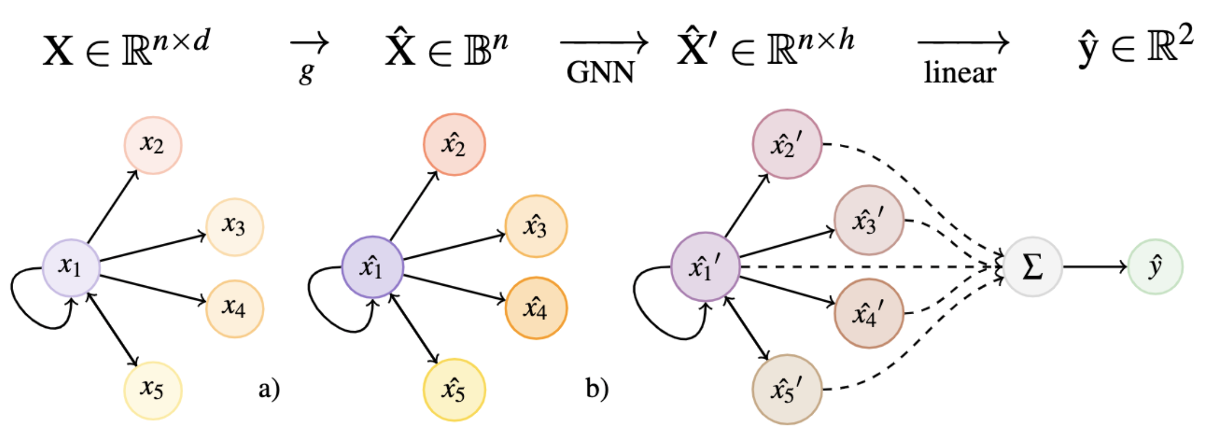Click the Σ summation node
pos(1032,267)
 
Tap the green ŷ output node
pos(1155,267)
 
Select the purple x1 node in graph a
pos(71,267)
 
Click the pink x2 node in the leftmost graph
pos(153,145)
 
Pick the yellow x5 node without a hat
pos(153,390)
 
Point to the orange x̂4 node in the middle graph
pos(536,308)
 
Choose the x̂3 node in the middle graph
pos(536,226)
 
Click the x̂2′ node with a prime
pos(787,144)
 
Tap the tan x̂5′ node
pos(787,390)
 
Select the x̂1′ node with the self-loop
pos(705,267)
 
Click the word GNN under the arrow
pos(600,73)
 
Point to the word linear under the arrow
pos(960,73)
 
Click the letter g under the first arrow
pos(307,73)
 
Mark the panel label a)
pos(269,389)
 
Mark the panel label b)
pos(597,389)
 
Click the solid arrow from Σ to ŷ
pos(1094,267)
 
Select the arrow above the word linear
pos(963,43)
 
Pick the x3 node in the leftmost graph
pos(234,227)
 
